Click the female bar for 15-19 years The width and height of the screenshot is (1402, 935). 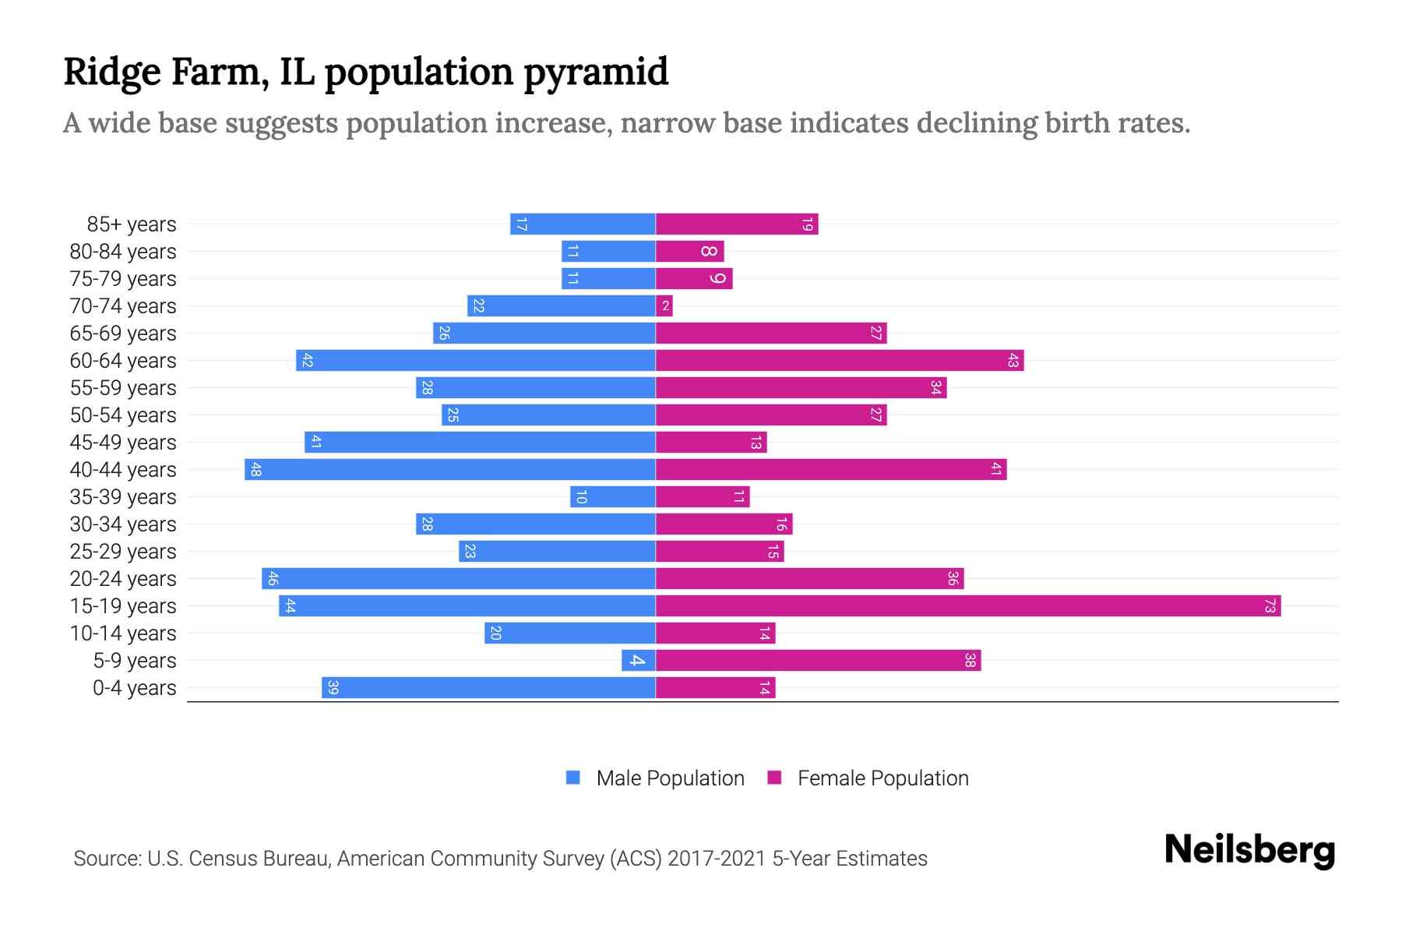click(967, 605)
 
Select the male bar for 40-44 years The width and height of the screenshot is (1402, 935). click(450, 469)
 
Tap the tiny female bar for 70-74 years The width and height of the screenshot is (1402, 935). click(664, 305)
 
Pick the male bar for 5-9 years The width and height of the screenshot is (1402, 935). click(639, 660)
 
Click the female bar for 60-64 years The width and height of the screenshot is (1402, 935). click(840, 360)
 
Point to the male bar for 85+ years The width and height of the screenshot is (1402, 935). click(583, 224)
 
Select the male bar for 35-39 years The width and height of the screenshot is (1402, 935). click(613, 496)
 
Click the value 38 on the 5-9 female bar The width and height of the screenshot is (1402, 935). click(970, 660)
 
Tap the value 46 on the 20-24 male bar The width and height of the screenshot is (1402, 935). click(273, 578)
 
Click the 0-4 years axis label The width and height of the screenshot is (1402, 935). click(134, 688)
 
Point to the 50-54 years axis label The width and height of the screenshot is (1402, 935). click(123, 415)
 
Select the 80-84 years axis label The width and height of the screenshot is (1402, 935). click(123, 252)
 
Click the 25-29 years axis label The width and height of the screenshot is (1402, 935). click(123, 552)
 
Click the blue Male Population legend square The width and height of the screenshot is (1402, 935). click(573, 778)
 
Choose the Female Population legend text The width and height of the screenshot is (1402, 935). click(882, 778)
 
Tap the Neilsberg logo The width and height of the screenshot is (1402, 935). click(1249, 850)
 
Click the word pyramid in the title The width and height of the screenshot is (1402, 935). click(596, 73)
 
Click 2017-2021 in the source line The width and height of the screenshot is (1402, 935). click(717, 859)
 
